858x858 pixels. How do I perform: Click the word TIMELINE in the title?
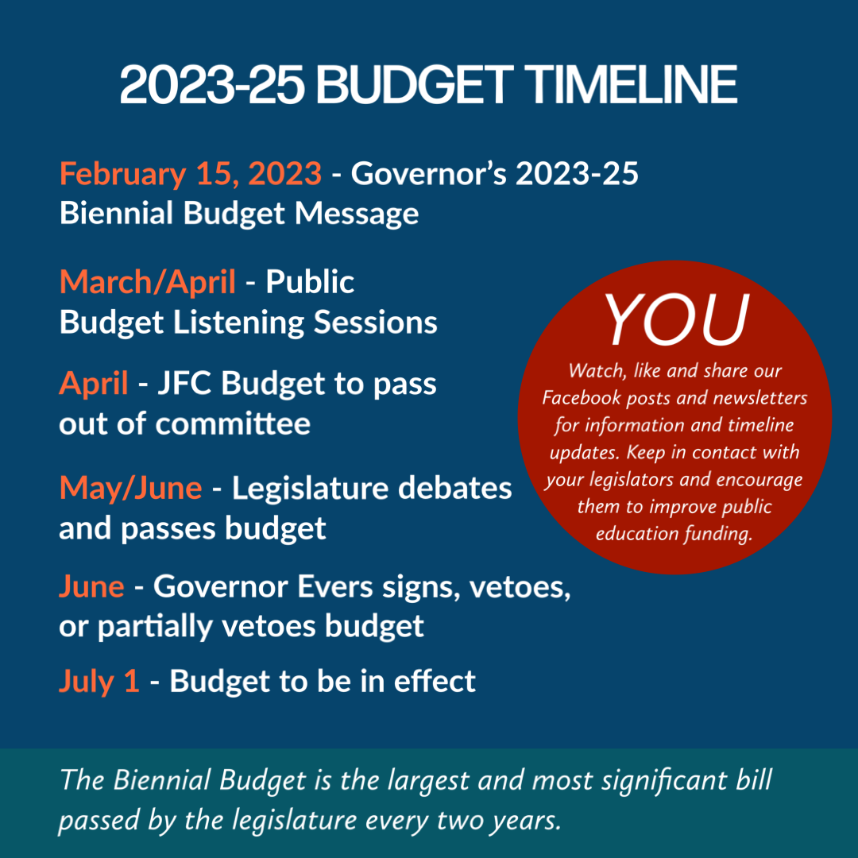point(633,85)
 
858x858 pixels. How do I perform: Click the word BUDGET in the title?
point(414,85)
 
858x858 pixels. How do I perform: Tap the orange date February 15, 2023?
point(191,175)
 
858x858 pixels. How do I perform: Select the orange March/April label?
point(148,283)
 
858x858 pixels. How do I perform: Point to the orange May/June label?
point(131,489)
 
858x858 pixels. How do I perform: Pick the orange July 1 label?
point(99,682)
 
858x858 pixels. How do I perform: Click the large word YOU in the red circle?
point(676,319)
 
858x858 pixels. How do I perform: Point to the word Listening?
point(238,323)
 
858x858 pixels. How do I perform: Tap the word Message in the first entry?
point(357,214)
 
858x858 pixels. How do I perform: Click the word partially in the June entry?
point(155,627)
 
